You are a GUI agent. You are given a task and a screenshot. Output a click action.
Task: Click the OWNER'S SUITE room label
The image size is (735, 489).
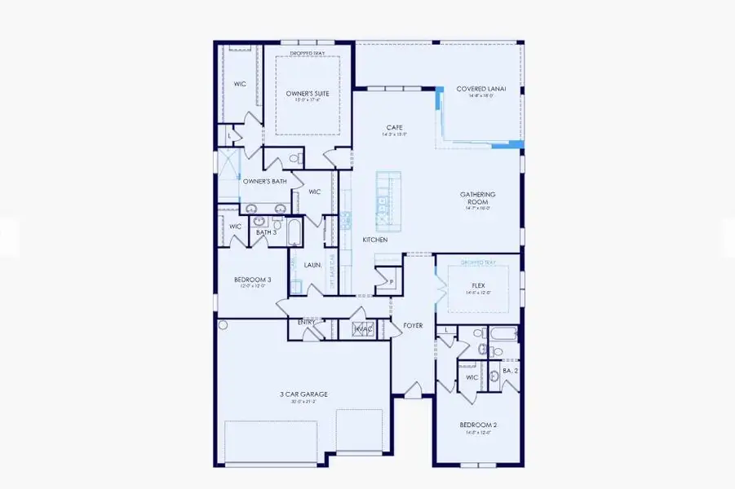pos(307,94)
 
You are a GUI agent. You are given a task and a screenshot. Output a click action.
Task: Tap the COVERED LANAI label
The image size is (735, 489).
pos(481,89)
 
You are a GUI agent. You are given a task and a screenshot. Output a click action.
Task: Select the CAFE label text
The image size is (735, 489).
pos(395,127)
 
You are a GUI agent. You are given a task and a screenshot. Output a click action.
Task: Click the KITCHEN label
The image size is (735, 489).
pos(375,240)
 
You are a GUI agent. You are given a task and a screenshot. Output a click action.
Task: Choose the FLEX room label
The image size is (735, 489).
pos(478,286)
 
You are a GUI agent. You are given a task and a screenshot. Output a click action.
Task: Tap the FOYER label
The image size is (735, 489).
pos(414,325)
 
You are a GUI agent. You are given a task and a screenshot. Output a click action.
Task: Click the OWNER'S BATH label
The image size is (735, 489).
pos(264,181)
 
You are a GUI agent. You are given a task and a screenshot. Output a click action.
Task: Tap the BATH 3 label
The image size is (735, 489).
pos(267,232)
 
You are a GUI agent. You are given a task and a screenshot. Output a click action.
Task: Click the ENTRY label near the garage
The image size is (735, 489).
pos(307,322)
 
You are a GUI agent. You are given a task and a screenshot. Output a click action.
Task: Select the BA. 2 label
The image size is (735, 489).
pos(511,371)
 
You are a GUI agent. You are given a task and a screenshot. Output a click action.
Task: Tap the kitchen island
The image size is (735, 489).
pos(384,199)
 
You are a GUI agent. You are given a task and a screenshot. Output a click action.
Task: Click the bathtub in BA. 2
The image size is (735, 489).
pos(502,333)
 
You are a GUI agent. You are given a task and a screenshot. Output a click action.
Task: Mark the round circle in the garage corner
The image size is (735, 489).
pos(223,324)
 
